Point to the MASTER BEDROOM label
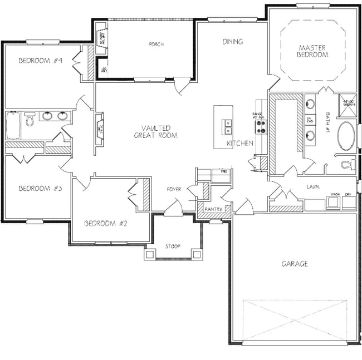[312, 51]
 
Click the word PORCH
[155, 44]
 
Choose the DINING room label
[232, 41]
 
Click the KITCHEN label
[240, 144]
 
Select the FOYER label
[174, 190]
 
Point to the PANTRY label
[213, 209]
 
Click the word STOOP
[173, 246]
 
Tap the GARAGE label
[294, 264]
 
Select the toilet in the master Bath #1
[347, 164]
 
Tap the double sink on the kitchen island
[227, 127]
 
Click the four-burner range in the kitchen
[261, 127]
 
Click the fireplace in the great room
[100, 129]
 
